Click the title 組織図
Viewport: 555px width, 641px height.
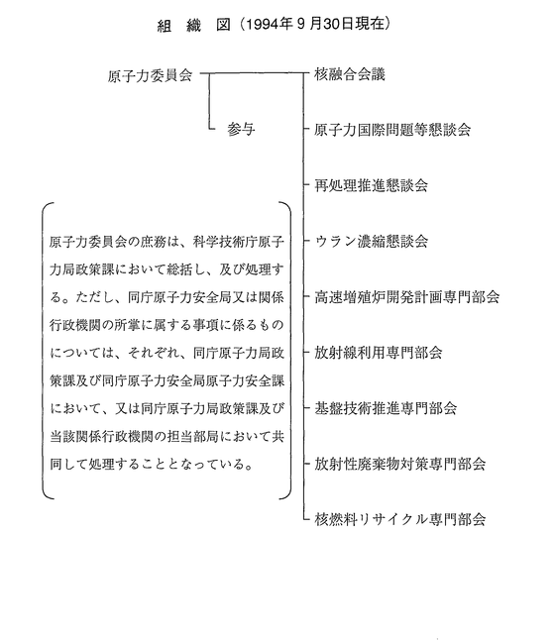(x=194, y=26)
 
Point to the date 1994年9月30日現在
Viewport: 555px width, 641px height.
(x=315, y=25)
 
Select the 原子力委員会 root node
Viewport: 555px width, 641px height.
(x=150, y=76)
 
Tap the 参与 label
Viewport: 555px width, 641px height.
(x=241, y=130)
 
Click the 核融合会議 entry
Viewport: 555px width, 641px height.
(x=350, y=74)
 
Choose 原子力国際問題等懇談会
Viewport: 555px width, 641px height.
(x=392, y=130)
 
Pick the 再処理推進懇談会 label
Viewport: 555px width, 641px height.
(x=371, y=185)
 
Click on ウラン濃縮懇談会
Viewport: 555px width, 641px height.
(x=372, y=241)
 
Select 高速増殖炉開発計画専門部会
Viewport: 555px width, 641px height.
(x=407, y=297)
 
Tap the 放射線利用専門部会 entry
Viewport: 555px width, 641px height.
(x=379, y=353)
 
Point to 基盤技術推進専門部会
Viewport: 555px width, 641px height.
(x=386, y=408)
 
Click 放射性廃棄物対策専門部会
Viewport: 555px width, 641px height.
(x=400, y=464)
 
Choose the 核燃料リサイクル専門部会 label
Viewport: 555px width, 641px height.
(x=400, y=519)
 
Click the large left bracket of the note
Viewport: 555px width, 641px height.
(x=43, y=351)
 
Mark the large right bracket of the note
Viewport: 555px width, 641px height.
(x=290, y=351)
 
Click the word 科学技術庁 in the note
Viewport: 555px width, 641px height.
(x=225, y=242)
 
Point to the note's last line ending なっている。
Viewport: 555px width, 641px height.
(x=152, y=465)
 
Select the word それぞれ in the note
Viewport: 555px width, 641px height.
(x=154, y=354)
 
